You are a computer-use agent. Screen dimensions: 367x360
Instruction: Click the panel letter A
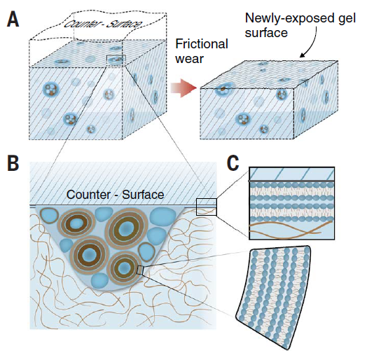coord(13,20)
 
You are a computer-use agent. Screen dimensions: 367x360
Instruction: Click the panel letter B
coord(13,163)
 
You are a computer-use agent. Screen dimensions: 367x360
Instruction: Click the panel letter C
coord(233,163)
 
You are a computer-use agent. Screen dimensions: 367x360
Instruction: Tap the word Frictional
coord(202,44)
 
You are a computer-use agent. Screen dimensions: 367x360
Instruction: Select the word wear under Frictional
coord(189,59)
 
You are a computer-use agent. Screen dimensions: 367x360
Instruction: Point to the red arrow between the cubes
coord(183,88)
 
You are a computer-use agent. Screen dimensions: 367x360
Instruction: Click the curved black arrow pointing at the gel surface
coord(311,43)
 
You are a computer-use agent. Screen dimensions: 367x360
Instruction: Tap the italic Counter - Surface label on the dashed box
coord(103,24)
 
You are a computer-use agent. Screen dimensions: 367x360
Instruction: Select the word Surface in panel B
coord(143,195)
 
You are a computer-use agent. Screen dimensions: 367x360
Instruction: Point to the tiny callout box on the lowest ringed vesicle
coord(140,270)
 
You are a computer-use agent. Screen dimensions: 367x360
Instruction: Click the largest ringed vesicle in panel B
coord(127,228)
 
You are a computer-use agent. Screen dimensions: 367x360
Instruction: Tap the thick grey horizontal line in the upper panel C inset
coord(291,181)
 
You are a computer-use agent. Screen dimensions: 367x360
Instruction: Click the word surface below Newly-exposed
coord(266,33)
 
